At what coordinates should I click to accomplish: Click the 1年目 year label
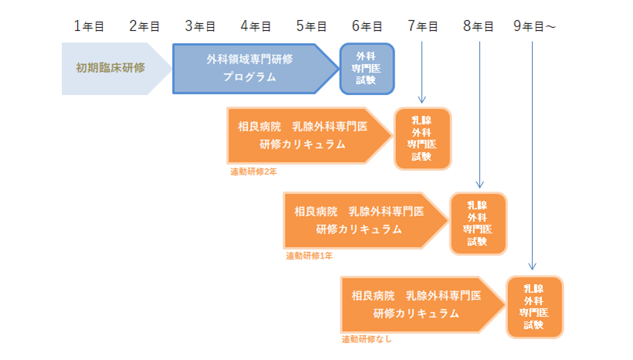89,26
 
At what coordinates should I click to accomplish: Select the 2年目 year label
144,26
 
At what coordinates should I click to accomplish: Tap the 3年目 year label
200,26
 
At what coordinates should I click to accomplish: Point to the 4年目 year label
256,26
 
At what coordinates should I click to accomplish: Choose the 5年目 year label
311,26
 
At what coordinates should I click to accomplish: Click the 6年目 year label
367,26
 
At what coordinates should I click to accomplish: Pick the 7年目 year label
422,26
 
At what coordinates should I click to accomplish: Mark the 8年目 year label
478,26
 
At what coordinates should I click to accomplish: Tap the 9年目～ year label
534,26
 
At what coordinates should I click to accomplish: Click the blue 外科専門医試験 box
367,68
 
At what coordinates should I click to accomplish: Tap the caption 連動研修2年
253,172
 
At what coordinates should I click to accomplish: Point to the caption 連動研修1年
309,256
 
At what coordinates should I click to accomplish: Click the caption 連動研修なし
367,339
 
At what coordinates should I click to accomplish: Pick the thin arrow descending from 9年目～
533,155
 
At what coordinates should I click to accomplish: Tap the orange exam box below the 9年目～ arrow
534,306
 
